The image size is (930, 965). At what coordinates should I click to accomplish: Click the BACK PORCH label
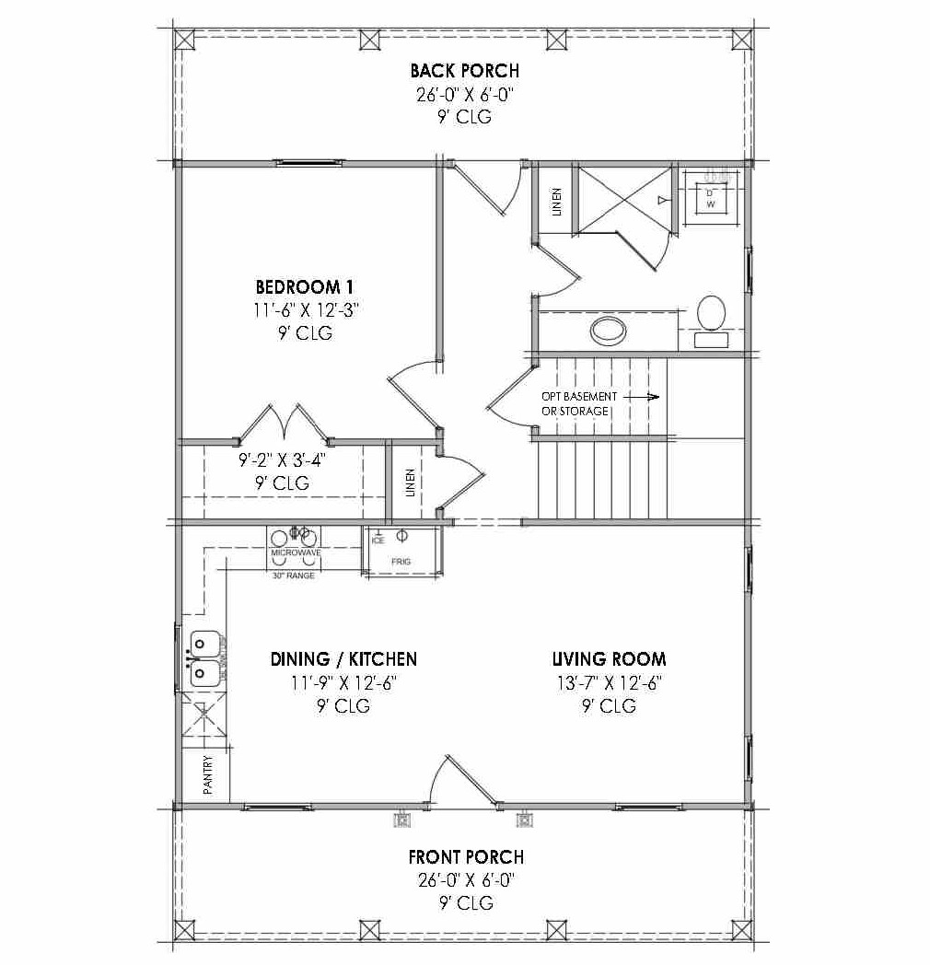point(464,71)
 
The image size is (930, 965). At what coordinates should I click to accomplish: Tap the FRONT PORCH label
point(466,857)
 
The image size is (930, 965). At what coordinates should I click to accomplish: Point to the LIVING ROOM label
point(609,659)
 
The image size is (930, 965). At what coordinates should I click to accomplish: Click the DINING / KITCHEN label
point(343,659)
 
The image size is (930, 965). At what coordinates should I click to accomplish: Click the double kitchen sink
point(204,658)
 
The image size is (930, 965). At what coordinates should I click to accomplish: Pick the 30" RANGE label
point(293,576)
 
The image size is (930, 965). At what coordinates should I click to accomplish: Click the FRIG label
point(401,561)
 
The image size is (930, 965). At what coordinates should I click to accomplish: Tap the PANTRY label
point(208,775)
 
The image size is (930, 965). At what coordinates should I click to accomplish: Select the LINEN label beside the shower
point(556,202)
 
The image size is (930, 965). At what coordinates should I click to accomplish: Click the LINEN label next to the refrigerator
point(410,483)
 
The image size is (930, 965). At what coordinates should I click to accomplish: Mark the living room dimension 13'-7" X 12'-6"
point(608,682)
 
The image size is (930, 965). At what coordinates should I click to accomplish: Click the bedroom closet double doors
point(284,424)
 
